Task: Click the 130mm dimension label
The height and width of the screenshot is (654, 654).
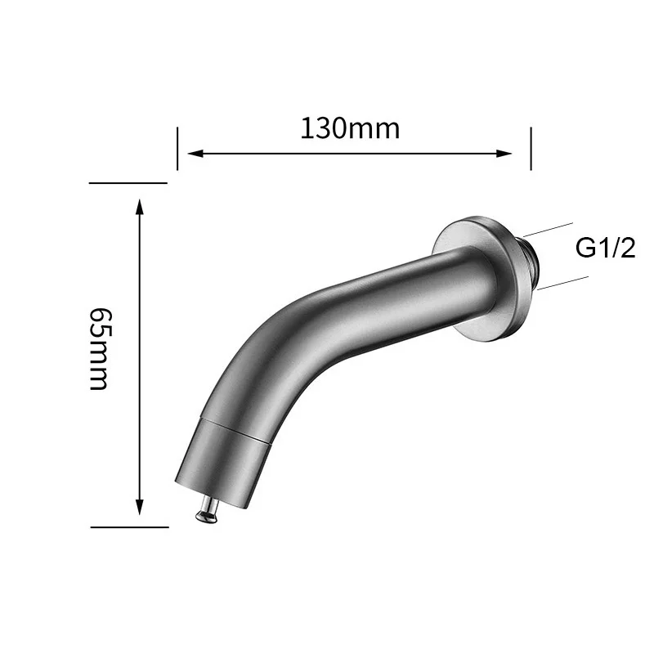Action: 349,128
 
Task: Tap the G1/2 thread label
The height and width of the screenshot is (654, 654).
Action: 606,248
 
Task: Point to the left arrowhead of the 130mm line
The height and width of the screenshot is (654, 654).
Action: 195,152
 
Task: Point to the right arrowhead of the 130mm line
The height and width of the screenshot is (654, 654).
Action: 505,152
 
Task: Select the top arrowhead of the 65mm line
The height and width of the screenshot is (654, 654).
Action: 140,208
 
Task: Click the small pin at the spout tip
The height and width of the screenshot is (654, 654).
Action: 204,512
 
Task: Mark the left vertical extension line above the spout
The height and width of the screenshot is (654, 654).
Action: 177,148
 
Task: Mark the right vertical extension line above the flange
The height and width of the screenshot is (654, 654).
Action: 531,148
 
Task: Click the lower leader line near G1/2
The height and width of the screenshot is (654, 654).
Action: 562,280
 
